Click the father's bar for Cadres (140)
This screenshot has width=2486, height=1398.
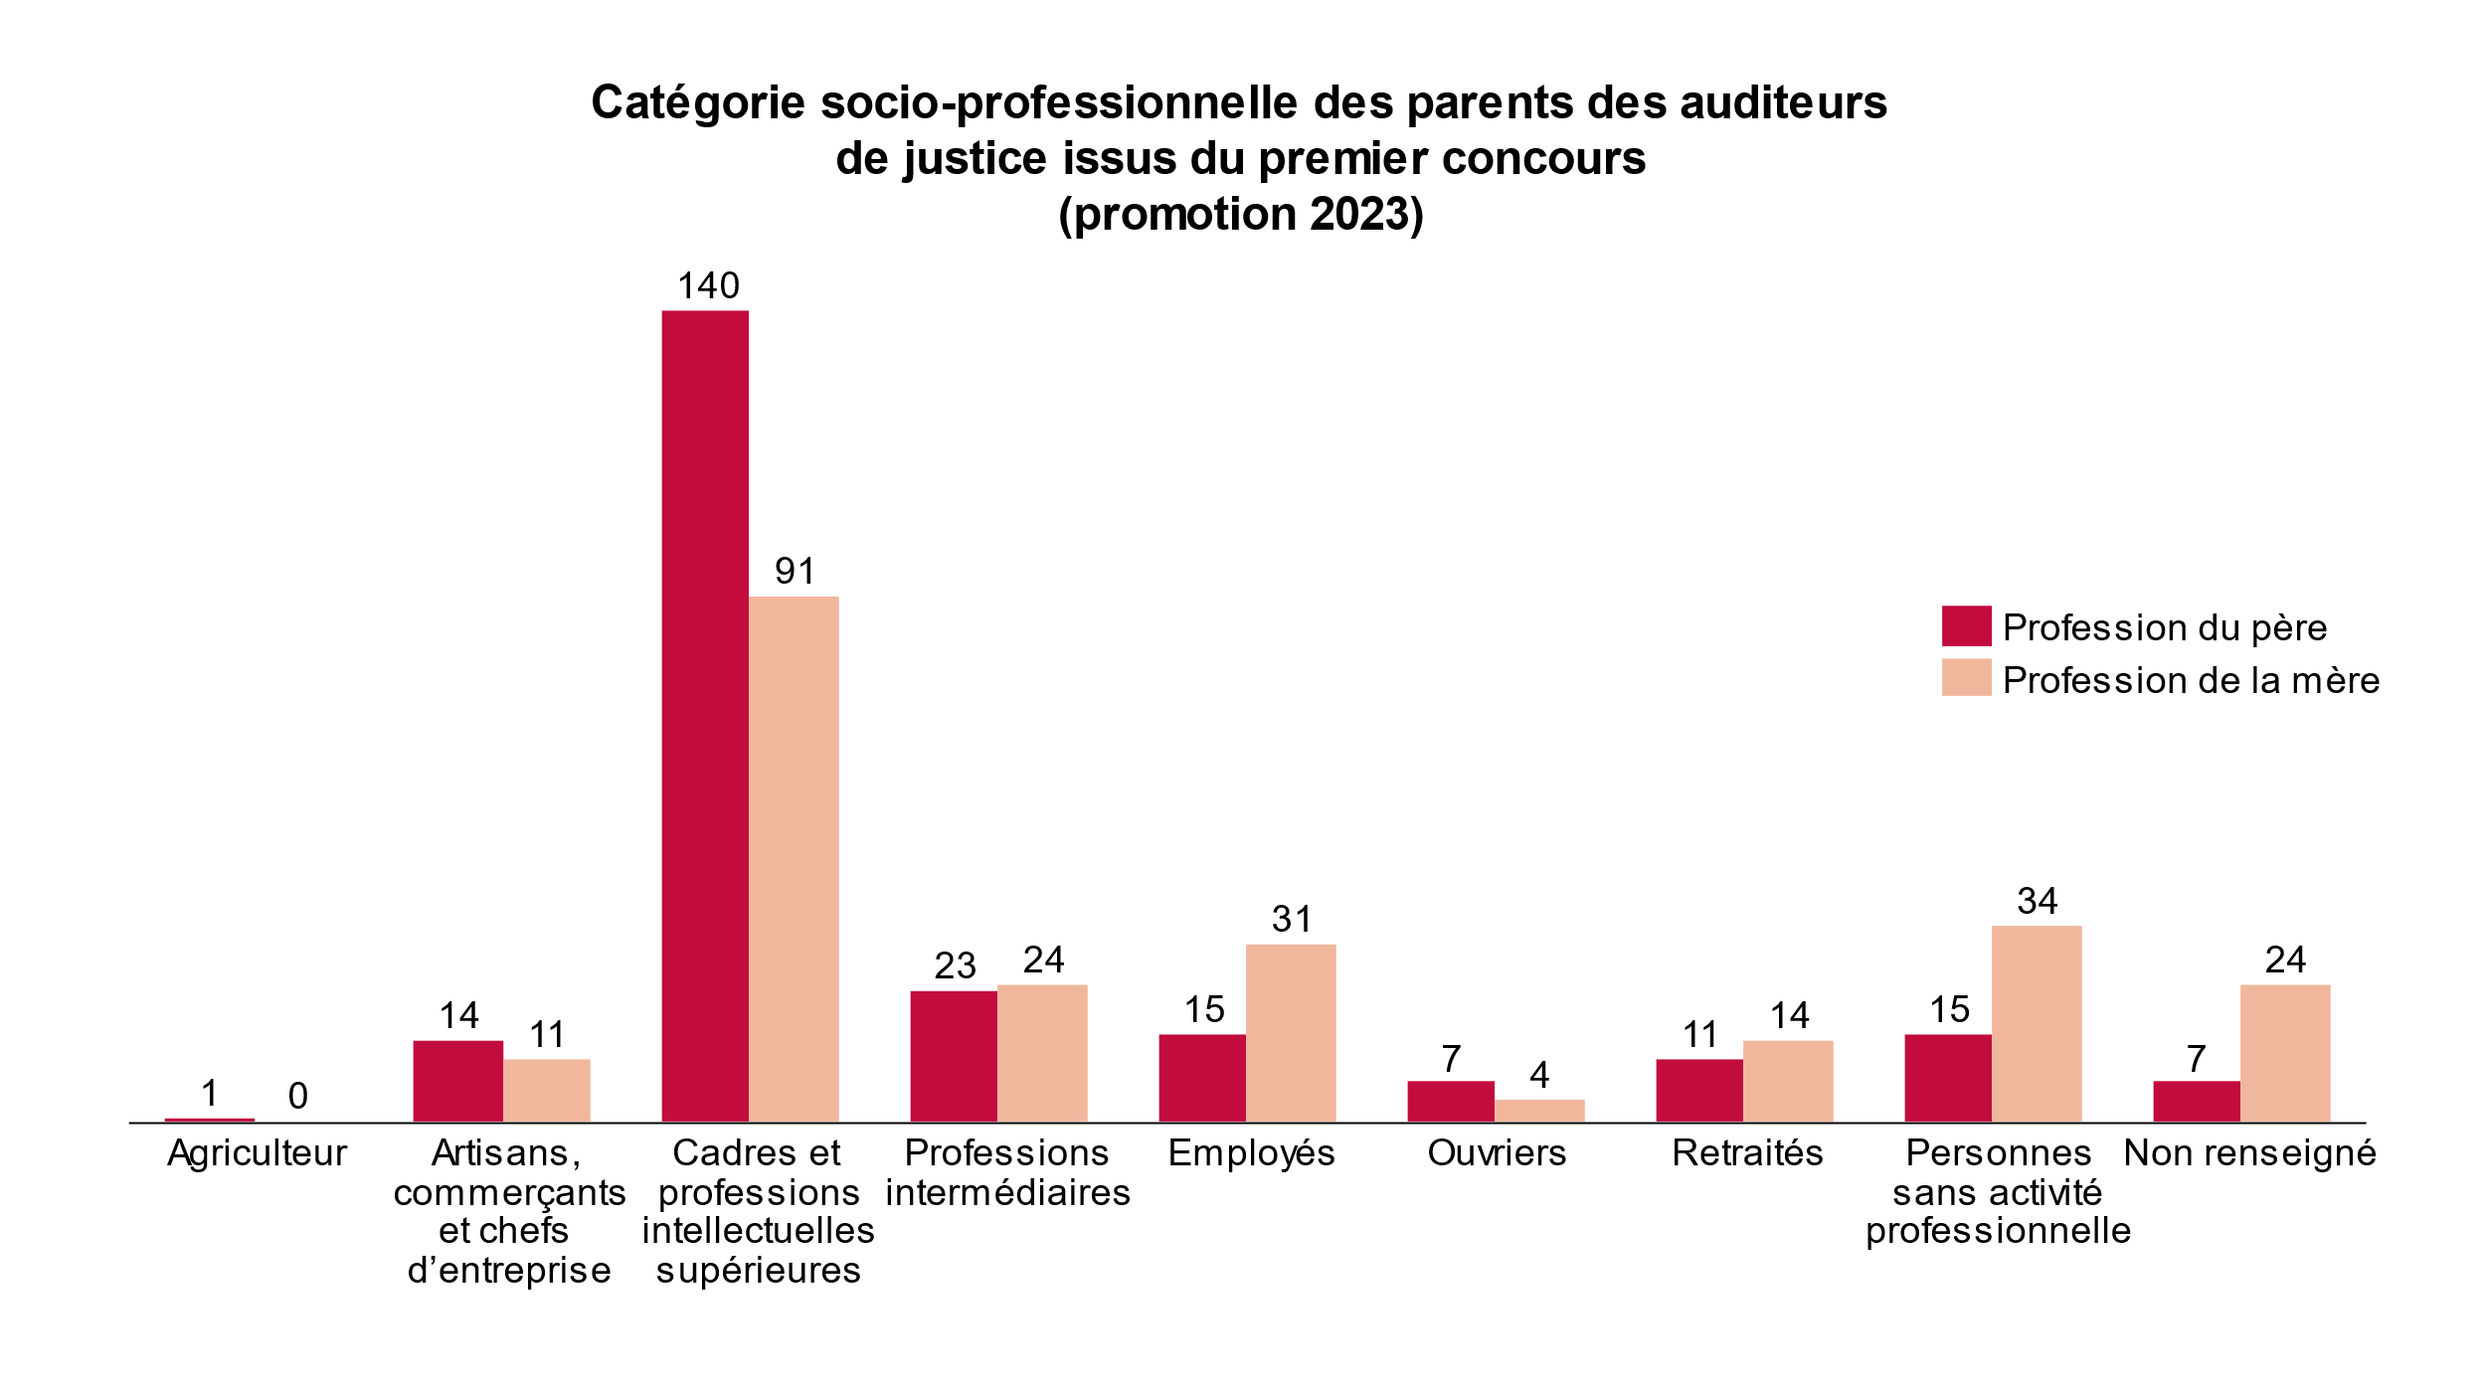[705, 716]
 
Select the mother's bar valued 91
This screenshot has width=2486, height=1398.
[794, 859]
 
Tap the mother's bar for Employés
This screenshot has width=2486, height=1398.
[1291, 1033]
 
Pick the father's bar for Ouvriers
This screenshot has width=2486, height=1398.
[1451, 1102]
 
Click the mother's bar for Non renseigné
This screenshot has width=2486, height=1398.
[2285, 1053]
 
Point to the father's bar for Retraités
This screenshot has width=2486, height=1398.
[1699, 1091]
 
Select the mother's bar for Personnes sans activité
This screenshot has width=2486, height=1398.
[2037, 1024]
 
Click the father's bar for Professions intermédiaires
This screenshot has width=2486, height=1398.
[954, 1056]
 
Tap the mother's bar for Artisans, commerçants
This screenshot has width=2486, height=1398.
[546, 1091]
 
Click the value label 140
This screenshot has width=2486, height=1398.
[708, 286]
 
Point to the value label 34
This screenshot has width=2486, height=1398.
[2037, 901]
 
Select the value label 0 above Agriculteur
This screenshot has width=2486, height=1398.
[297, 1096]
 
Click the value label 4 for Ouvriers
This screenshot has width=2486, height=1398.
[1539, 1074]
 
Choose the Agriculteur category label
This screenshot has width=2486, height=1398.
[258, 1153]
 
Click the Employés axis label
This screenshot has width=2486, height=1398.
[1251, 1153]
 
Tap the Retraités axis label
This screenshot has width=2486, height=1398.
[1747, 1153]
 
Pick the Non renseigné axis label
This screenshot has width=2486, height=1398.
[2249, 1153]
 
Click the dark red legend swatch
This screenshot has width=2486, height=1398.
[1966, 625]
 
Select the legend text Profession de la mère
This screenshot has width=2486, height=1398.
[2191, 680]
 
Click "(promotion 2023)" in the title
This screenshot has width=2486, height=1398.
[1241, 214]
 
